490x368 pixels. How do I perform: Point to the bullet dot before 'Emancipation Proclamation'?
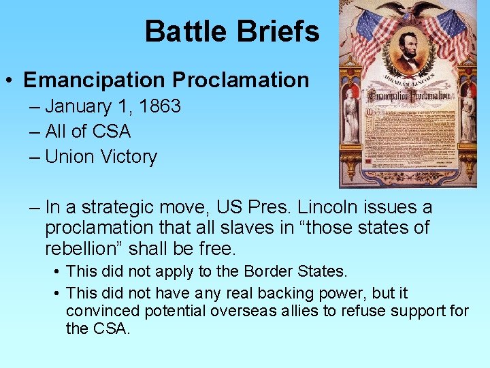click(10, 80)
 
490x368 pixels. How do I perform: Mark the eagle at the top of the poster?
click(408, 10)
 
